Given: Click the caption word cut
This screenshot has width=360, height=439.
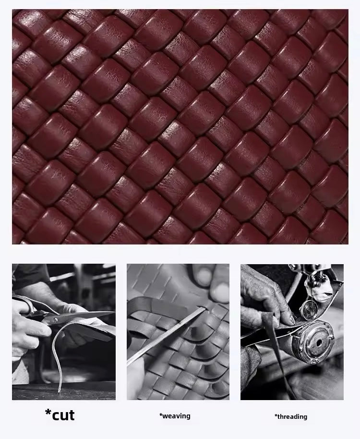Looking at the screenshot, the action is click(63, 415).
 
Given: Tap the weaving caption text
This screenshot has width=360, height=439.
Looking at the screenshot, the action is click(175, 416).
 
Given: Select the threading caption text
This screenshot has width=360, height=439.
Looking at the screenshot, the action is click(290, 416).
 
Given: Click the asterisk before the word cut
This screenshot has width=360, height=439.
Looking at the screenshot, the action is click(48, 412).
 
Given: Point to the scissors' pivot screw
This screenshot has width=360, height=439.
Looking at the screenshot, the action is click(55, 319).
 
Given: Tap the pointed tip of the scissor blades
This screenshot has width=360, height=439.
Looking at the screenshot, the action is click(114, 312).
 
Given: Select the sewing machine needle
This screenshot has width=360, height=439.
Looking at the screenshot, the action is click(312, 293).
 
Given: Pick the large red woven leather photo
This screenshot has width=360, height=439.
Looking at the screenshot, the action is click(180, 126).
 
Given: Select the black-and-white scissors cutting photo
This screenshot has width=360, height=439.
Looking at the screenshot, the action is click(64, 332).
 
